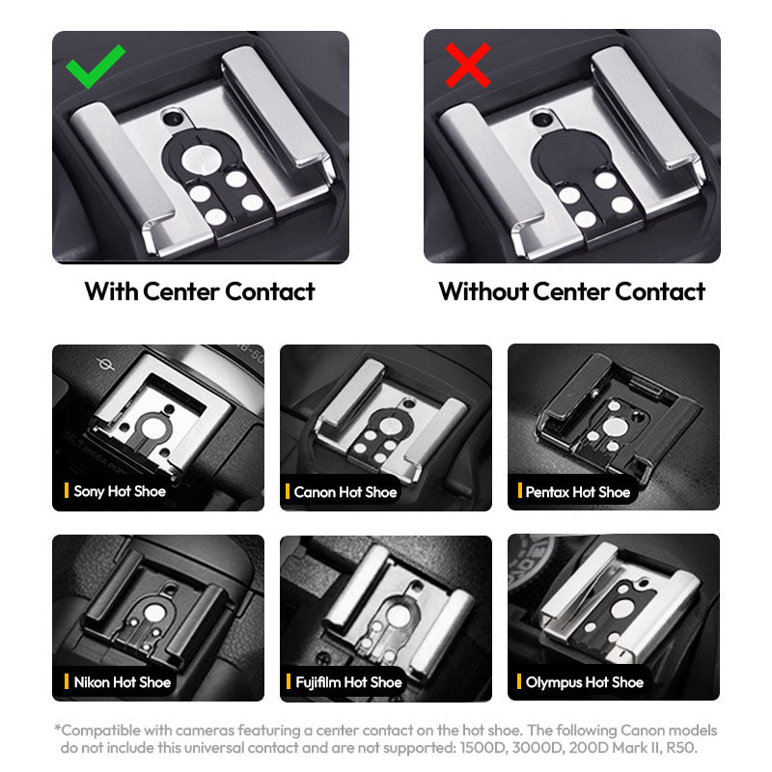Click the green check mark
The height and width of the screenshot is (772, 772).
[94, 68]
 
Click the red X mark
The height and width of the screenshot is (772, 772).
[468, 65]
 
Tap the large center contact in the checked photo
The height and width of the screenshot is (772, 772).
[201, 160]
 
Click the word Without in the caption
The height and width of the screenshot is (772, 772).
[484, 291]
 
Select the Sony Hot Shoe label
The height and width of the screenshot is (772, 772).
[120, 491]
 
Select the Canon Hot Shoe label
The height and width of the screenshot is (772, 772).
[345, 492]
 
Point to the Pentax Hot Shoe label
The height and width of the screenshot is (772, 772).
[577, 492]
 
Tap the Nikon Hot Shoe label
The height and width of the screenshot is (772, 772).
[123, 682]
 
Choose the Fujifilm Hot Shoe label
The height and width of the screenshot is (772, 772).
[348, 682]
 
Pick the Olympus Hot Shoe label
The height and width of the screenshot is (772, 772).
[585, 682]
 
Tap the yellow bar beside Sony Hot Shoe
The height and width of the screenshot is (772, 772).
[67, 490]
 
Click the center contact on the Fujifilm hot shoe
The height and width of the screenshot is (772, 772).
[398, 617]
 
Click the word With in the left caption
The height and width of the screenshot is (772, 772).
[111, 291]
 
